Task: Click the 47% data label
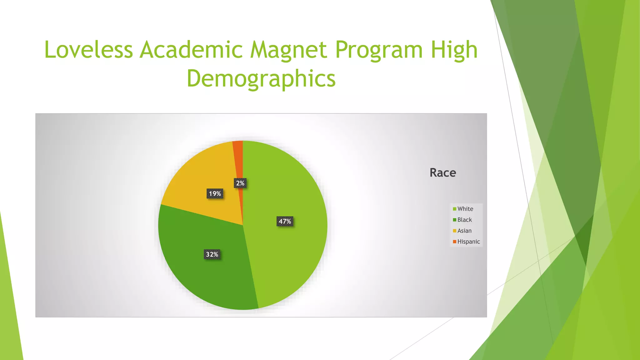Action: coord(285,222)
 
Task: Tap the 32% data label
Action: coord(212,254)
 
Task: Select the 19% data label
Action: coord(215,194)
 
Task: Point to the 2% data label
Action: coord(240,183)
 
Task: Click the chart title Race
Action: coord(443,172)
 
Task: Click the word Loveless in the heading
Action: coord(89,50)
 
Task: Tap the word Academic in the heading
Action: coord(191,50)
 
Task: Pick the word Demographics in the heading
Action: coord(261,79)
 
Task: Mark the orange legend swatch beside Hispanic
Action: coord(455,242)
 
